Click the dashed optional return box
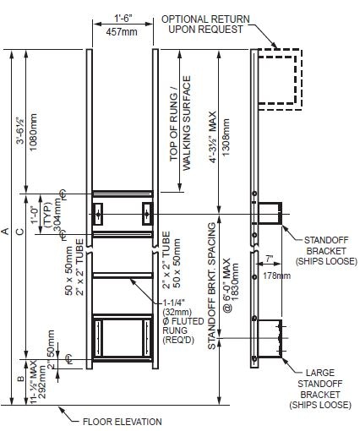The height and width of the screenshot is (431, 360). (x=279, y=78)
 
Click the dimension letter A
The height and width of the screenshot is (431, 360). (x=8, y=230)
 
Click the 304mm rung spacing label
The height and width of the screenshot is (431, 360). (x=57, y=215)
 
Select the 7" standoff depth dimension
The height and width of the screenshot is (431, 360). (x=268, y=258)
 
